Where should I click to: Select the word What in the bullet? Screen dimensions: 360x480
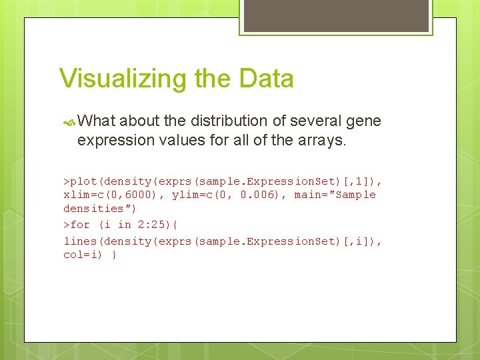click(x=97, y=121)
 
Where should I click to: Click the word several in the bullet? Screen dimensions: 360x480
click(x=302, y=121)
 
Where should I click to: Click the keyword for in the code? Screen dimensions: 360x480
click(x=80, y=225)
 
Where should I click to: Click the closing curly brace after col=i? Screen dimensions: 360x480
click(x=115, y=255)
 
